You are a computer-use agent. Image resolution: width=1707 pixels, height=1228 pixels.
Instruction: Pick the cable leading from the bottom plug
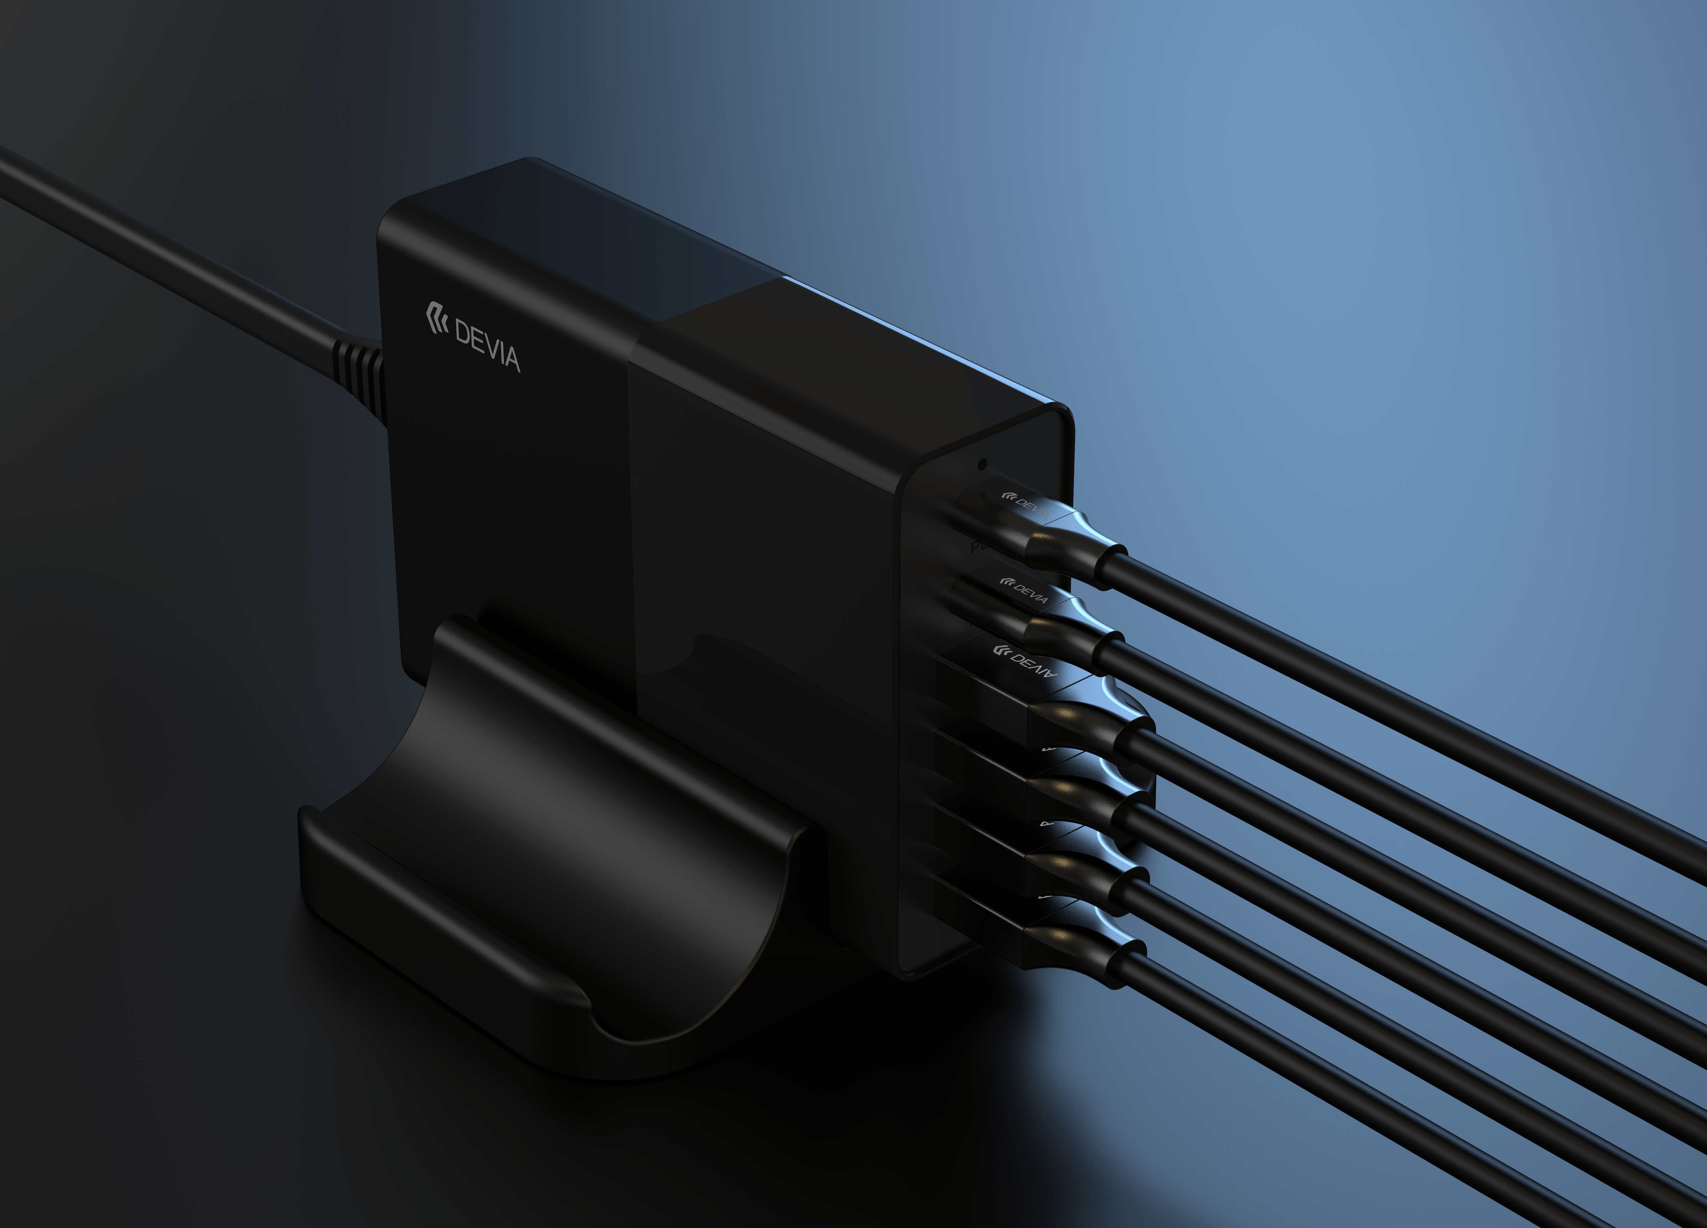click(1355, 1091)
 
